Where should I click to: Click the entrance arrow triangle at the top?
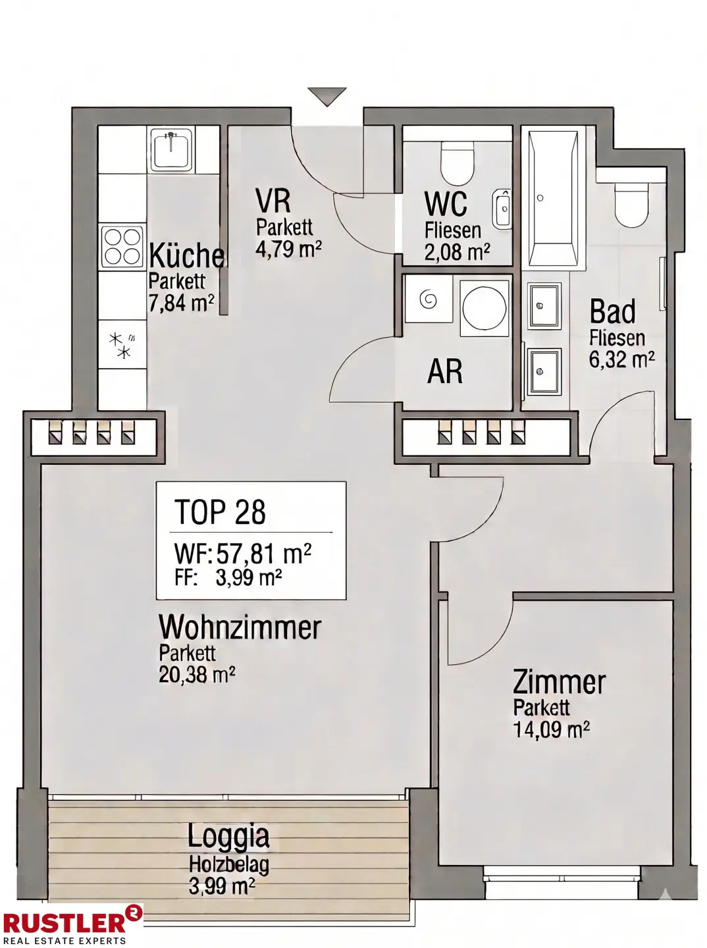(327, 96)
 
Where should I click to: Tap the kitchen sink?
(171, 151)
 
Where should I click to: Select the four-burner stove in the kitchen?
(123, 246)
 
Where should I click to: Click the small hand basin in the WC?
(502, 209)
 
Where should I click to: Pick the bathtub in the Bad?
(554, 197)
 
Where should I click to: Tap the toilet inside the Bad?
(631, 205)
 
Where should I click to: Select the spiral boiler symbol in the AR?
(429, 300)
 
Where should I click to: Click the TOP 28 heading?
(220, 512)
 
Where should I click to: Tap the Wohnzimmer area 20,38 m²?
(197, 675)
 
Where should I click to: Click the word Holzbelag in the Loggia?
(229, 864)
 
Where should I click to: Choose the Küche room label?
(187, 255)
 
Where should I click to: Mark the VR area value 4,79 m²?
(288, 250)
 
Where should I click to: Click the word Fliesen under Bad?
(617, 338)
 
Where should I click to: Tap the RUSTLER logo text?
(63, 923)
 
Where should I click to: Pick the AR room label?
(445, 372)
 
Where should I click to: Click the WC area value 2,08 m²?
(457, 252)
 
